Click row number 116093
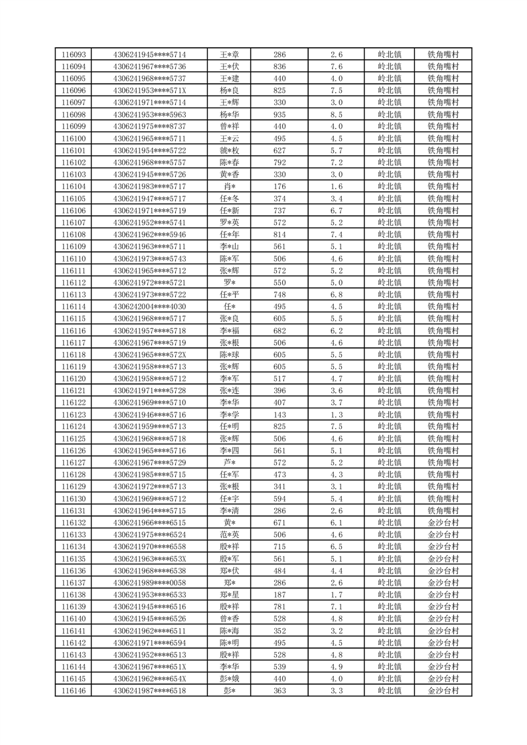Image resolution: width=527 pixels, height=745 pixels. click(73, 54)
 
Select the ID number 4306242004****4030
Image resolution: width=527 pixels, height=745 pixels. click(150, 307)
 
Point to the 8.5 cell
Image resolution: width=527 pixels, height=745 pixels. click(337, 114)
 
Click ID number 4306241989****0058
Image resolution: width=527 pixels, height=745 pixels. click(150, 583)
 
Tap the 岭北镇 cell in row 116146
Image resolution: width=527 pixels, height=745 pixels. click(389, 691)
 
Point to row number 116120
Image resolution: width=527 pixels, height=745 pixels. click(73, 378)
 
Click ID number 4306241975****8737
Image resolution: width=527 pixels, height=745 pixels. click(150, 126)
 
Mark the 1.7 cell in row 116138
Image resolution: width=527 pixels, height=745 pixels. click(337, 595)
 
